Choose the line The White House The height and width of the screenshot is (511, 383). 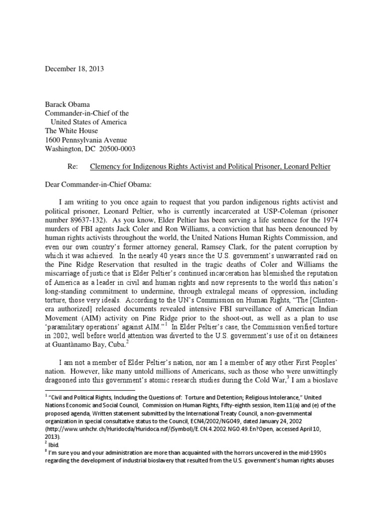pos(73,131)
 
